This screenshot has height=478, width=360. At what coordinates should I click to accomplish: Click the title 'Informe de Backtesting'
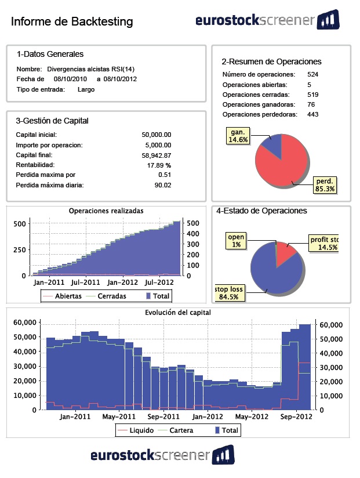(x=72, y=22)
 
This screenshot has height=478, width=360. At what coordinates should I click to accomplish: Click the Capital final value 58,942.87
(x=157, y=155)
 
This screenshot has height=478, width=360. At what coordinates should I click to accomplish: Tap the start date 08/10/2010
(x=70, y=79)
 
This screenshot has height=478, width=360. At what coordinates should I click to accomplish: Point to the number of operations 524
(x=313, y=74)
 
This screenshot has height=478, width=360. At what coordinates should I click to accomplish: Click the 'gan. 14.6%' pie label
(x=238, y=136)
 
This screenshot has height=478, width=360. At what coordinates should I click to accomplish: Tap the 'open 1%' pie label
(x=236, y=241)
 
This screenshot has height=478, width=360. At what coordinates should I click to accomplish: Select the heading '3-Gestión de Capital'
(x=52, y=121)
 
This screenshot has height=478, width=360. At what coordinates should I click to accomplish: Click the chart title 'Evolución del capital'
(x=177, y=312)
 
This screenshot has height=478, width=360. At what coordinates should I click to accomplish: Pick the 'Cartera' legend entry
(x=182, y=430)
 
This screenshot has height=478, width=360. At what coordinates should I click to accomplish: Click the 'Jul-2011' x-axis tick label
(x=85, y=283)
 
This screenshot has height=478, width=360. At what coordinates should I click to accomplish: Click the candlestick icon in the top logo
(x=328, y=20)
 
